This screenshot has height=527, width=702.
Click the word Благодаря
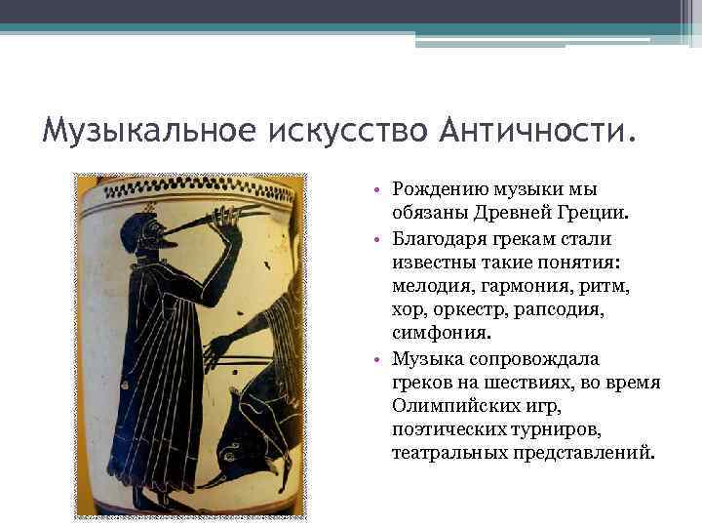437,238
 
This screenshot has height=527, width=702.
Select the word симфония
434,335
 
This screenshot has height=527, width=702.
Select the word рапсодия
553,310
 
